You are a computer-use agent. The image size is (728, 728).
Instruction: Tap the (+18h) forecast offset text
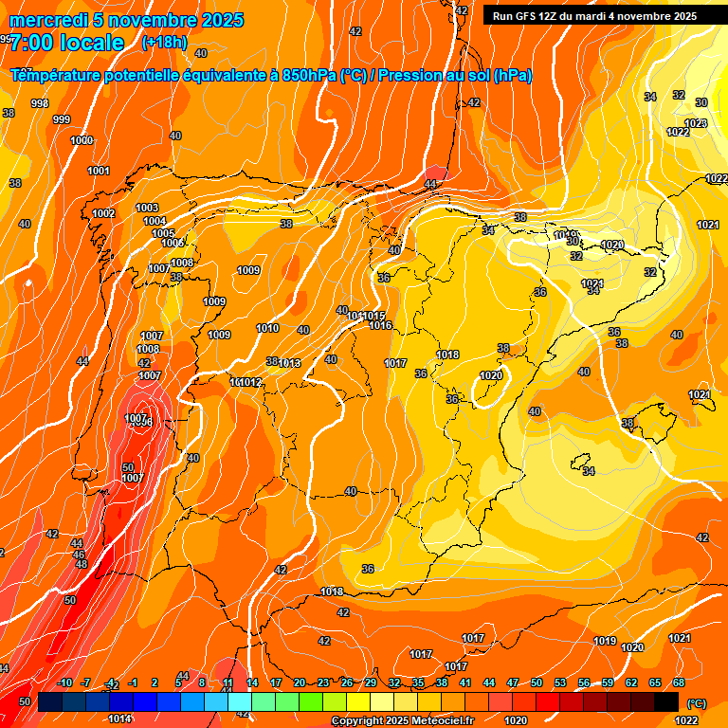(x=164, y=43)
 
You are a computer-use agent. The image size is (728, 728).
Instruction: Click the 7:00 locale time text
(x=67, y=43)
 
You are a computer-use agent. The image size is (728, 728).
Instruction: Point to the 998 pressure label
(x=40, y=103)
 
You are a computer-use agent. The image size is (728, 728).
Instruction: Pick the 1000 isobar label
(x=82, y=140)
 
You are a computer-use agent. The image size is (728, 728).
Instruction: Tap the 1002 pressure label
(x=103, y=213)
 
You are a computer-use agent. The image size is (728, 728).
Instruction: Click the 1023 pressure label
(x=696, y=123)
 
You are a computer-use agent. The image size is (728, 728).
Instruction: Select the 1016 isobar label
(x=380, y=325)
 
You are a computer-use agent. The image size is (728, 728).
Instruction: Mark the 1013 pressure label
(x=290, y=363)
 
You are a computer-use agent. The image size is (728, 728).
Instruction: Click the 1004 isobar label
(x=155, y=221)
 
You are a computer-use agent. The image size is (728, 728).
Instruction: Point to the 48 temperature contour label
(x=82, y=564)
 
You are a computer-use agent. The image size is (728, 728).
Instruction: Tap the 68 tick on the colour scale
(x=679, y=682)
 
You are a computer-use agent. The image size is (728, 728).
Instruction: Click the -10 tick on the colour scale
(x=64, y=682)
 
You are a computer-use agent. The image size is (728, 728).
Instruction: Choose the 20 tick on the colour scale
(x=300, y=682)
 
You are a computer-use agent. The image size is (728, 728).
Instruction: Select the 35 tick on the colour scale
(x=418, y=682)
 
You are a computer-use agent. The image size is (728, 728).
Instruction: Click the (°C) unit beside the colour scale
(x=696, y=702)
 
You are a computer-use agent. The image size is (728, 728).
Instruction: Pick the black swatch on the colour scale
(x=666, y=701)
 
